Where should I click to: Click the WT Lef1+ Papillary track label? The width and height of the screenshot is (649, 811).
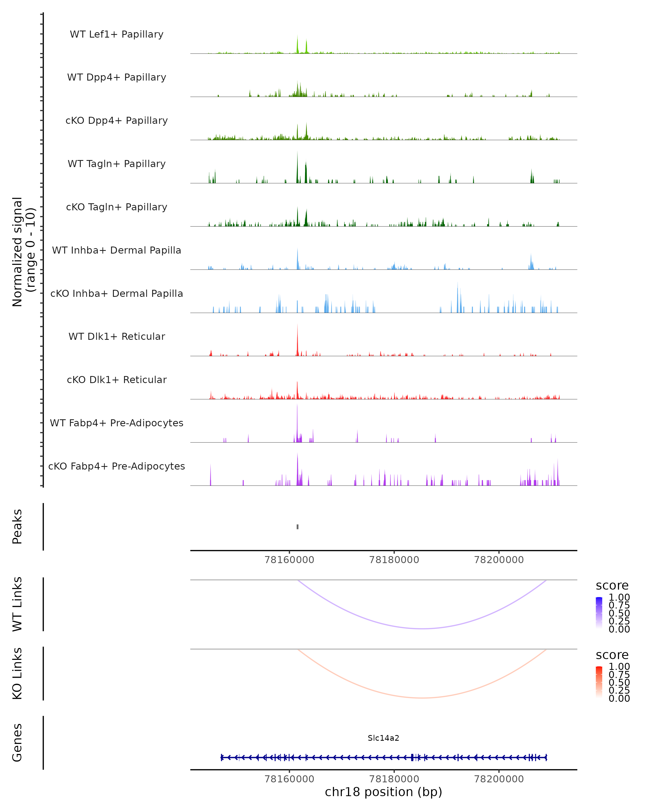coord(117,34)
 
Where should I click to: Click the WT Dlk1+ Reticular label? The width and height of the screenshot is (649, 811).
coord(117,336)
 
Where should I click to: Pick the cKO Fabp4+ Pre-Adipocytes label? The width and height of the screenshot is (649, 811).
coord(117,466)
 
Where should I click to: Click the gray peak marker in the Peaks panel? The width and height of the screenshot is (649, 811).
coord(298,527)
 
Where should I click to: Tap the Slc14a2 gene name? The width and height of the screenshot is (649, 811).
coord(383,738)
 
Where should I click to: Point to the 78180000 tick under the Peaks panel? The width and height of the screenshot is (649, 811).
coord(394,560)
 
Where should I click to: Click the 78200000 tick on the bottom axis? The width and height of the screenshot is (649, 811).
coord(499,779)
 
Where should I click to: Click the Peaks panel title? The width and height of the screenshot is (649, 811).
coord(17,526)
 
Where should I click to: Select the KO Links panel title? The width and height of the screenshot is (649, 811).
coord(17,673)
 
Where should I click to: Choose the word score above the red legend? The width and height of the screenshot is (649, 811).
coord(612,655)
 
